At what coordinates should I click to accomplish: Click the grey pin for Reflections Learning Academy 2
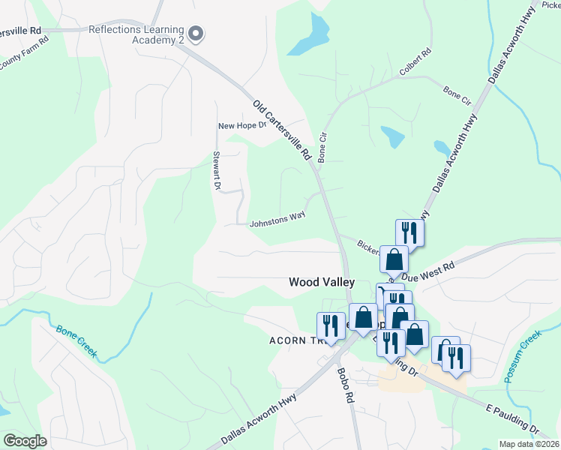(196, 34)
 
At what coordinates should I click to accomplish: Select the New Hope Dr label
(242, 125)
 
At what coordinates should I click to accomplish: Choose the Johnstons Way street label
(277, 221)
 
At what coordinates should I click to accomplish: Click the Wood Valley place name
(322, 282)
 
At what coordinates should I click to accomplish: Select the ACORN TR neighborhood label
(292, 340)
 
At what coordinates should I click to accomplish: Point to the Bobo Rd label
(345, 387)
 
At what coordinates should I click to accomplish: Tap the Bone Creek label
(76, 340)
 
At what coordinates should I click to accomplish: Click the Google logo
(25, 440)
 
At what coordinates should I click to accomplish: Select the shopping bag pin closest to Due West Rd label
(394, 260)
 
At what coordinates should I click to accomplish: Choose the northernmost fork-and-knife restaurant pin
(409, 232)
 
